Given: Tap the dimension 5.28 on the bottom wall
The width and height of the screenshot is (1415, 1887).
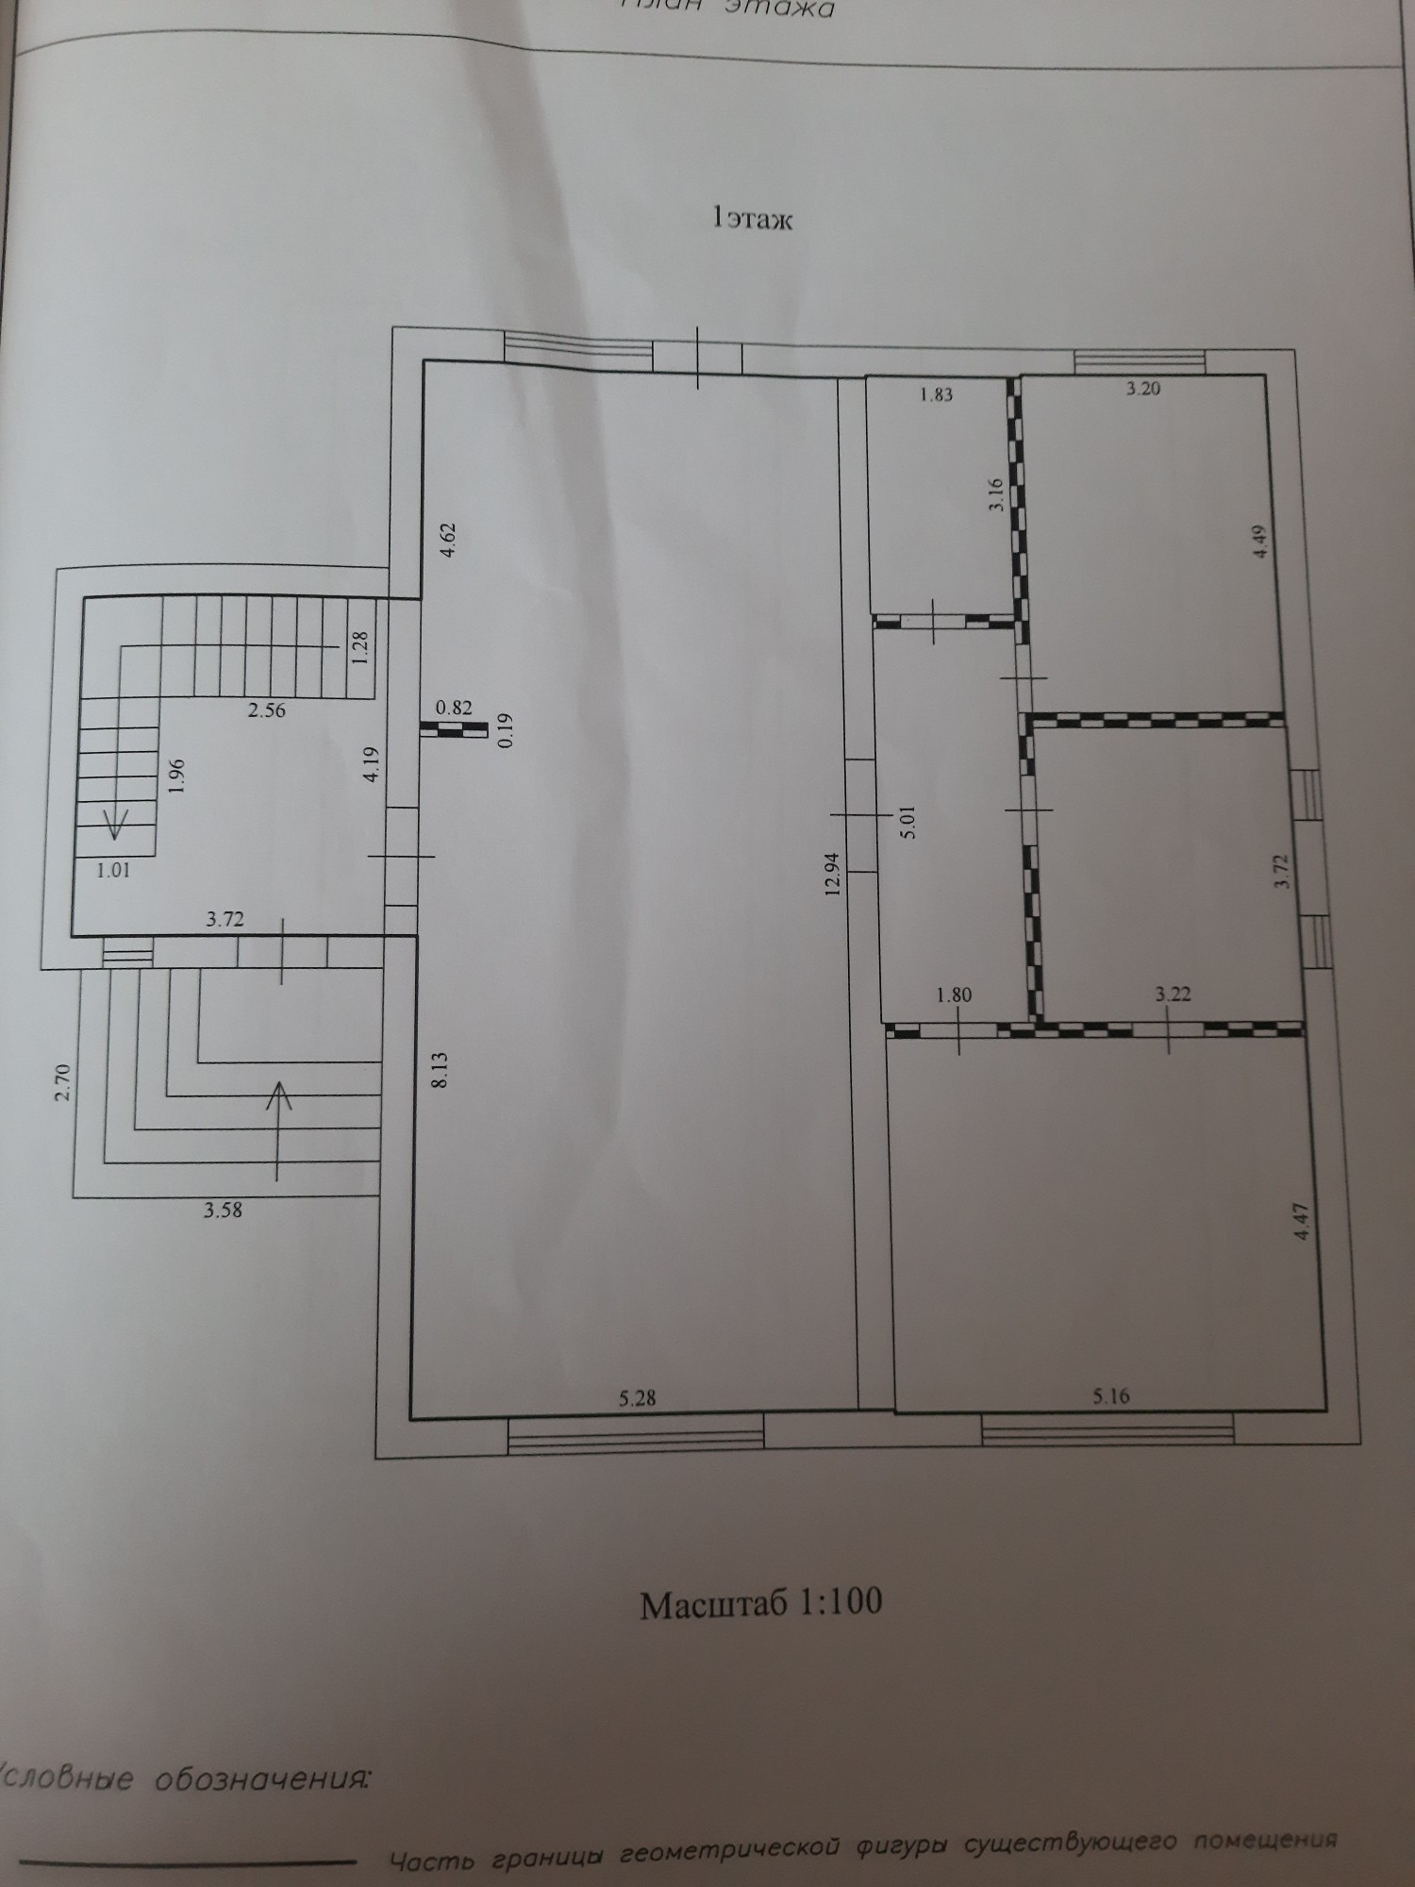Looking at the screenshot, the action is pyautogui.click(x=637, y=1397).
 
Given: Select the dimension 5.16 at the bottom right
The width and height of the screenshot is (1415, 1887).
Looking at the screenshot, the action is pyautogui.click(x=1110, y=1395).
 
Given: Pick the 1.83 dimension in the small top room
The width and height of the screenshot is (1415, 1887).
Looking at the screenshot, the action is pyautogui.click(x=936, y=395).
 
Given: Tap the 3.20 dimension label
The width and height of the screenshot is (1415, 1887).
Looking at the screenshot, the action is pyautogui.click(x=1142, y=388).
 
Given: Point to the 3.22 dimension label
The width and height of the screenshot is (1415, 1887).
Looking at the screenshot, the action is pyautogui.click(x=1173, y=994).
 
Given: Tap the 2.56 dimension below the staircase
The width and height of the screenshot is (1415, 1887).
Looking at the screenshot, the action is pyautogui.click(x=266, y=710).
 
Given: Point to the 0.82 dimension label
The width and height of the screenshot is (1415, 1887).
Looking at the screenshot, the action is pyautogui.click(x=453, y=707).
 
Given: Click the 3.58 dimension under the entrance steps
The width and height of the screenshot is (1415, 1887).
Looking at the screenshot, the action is pyautogui.click(x=223, y=1211).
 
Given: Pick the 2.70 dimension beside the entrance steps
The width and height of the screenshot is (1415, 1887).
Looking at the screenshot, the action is pyautogui.click(x=62, y=1080).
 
